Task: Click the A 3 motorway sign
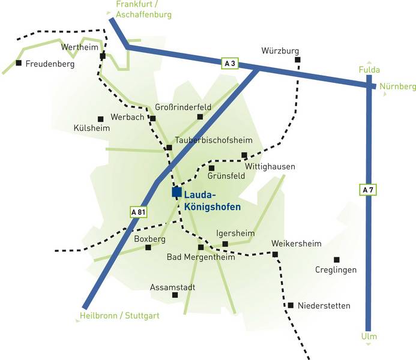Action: [230, 64]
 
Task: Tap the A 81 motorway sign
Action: [138, 212]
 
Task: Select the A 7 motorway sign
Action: [368, 190]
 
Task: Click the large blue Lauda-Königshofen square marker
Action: [176, 192]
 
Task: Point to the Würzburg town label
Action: [280, 50]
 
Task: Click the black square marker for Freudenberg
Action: [19, 63]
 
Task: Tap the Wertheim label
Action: [80, 47]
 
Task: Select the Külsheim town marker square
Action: [101, 119]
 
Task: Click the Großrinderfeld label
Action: [183, 107]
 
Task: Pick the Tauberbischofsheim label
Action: [214, 140]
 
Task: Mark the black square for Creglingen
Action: [337, 260]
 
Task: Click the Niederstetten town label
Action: [324, 305]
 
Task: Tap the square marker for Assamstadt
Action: [175, 295]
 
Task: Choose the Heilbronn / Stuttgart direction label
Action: [119, 316]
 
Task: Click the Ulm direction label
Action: [369, 337]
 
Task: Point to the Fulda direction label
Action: [369, 70]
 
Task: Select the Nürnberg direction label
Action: [398, 86]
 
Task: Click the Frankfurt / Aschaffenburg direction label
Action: [144, 9]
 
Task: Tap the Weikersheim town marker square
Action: [275, 254]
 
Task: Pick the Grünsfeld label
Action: [226, 176]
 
